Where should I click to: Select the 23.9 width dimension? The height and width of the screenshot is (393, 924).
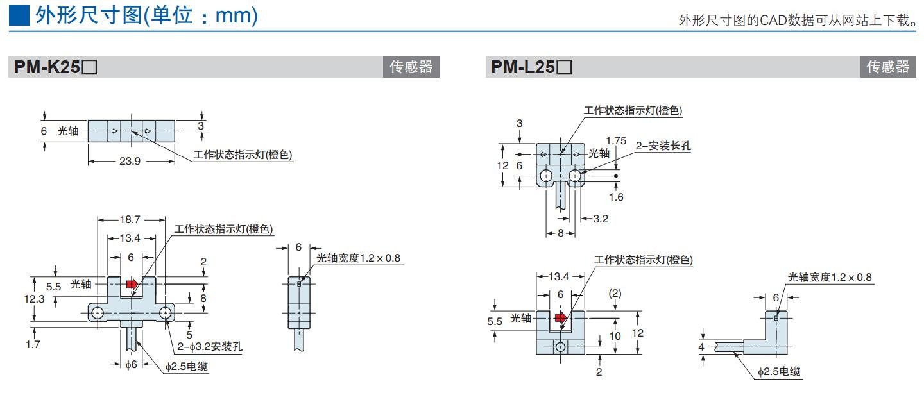(130, 161)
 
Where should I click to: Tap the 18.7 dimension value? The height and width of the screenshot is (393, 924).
(130, 219)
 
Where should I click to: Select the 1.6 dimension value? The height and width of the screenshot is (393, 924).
(616, 197)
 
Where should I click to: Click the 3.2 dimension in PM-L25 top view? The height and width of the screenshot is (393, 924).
(600, 219)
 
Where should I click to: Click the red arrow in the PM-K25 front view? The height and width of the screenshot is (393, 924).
(132, 284)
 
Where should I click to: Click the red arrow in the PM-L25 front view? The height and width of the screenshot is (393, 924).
(561, 317)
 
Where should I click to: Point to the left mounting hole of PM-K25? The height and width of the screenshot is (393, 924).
(98, 312)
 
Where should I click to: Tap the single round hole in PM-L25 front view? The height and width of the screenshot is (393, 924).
(561, 347)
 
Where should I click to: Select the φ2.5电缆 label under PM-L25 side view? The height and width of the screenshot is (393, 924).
(779, 372)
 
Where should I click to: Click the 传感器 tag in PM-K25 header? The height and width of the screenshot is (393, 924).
(411, 67)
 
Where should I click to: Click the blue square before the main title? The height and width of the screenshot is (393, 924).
(19, 16)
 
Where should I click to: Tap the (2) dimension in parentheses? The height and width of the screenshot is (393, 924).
(615, 293)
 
